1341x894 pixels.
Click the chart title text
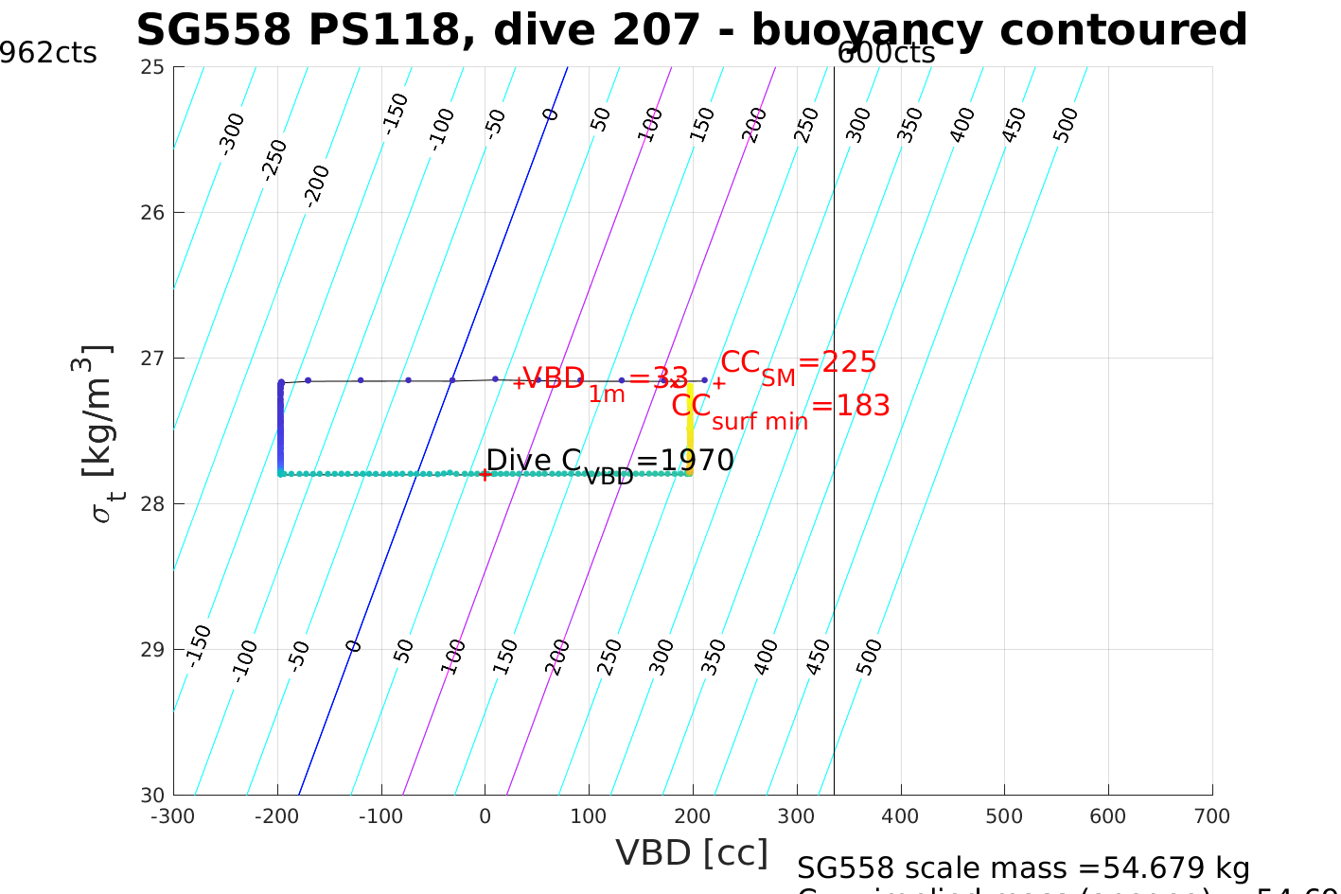tap(692, 29)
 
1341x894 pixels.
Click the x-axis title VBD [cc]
tap(692, 852)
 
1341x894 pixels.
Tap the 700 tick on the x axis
tap(1212, 816)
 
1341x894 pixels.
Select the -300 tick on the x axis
tap(173, 816)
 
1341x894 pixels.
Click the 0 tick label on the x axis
tap(485, 816)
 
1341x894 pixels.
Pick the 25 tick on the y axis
tap(154, 67)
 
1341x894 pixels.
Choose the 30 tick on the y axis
tap(154, 795)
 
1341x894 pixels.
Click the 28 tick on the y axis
tap(154, 503)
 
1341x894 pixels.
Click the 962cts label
tap(47, 53)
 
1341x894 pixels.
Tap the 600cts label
tap(886, 53)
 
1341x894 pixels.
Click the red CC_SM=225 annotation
tap(798, 364)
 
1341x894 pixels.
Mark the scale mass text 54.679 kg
tap(1023, 868)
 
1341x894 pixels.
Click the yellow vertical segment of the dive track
tap(690, 426)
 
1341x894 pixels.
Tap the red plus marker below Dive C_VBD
tap(485, 475)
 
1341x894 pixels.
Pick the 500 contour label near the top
tap(1066, 125)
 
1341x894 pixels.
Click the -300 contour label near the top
tap(231, 133)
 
